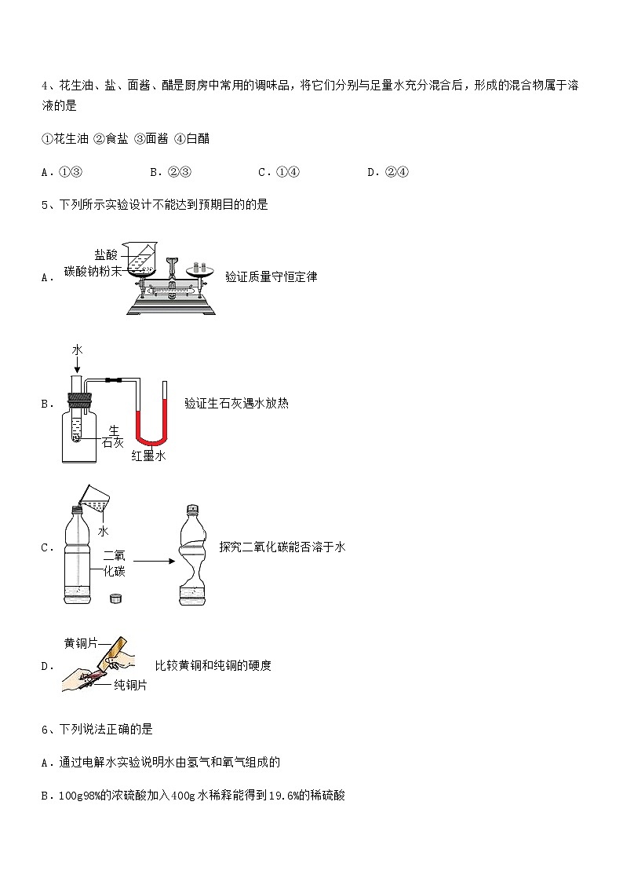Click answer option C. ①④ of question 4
pos(279,173)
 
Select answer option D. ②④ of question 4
pos(388,173)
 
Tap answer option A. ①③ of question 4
pos(62,173)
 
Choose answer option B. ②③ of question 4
pos(170,173)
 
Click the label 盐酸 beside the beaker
pos(106,255)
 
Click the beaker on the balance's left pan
pos(142,259)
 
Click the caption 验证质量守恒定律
pos(271,276)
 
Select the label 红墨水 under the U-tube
pos(148,456)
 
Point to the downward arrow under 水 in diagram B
pos(76,364)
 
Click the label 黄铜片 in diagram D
pos(81,643)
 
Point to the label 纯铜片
pos(130,685)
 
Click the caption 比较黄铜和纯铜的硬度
pos(213,665)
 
